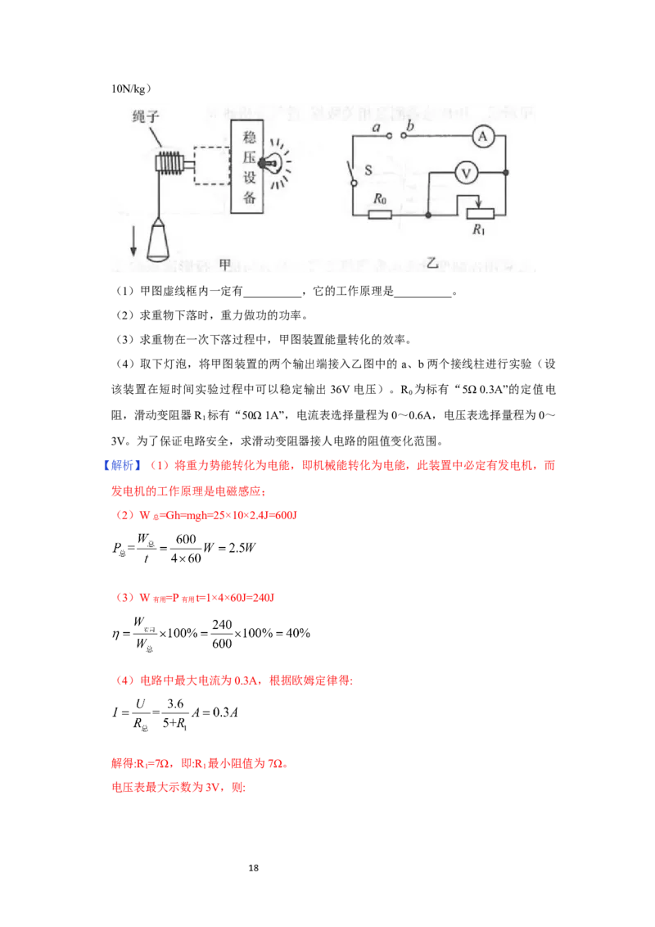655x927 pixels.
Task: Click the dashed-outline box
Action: (x=212, y=170)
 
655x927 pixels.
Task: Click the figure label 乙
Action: (x=433, y=264)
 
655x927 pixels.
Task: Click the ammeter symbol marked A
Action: (x=482, y=138)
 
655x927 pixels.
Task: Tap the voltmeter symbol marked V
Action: (x=466, y=173)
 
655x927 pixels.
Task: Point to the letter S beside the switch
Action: (x=368, y=171)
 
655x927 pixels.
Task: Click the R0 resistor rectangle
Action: (x=380, y=215)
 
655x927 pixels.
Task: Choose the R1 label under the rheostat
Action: (x=479, y=230)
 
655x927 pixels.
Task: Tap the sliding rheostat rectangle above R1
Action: (x=479, y=215)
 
